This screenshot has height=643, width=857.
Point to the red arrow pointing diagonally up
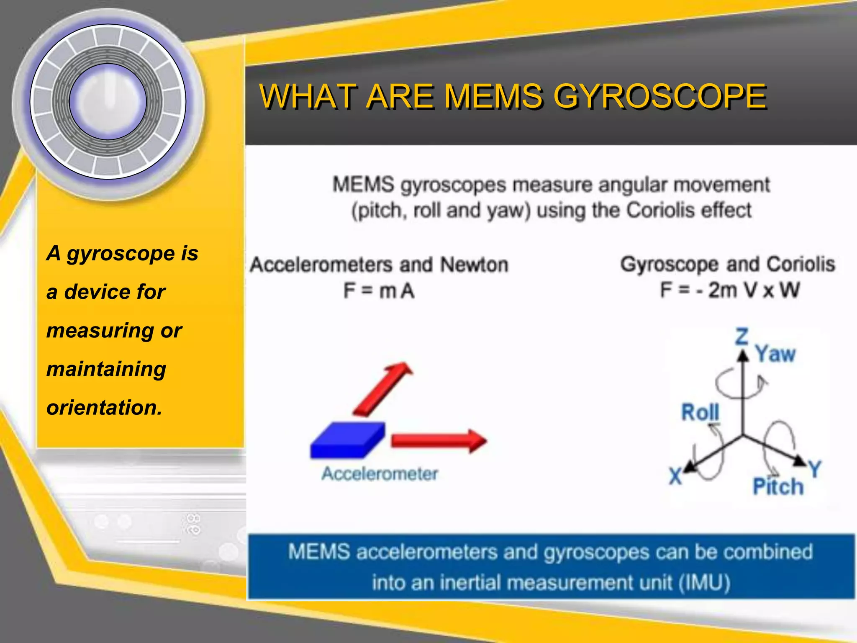383,389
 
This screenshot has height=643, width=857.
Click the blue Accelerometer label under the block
380,474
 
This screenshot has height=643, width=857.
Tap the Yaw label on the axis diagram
775,354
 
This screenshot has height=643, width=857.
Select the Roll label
700,412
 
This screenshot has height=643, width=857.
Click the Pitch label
778,487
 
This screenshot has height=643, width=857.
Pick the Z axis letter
742,336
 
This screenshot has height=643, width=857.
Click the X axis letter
675,476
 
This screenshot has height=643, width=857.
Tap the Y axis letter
815,469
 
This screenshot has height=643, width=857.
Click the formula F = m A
379,291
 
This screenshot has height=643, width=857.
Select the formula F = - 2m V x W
730,290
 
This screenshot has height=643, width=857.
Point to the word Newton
474,265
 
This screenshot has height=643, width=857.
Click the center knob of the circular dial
108,102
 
